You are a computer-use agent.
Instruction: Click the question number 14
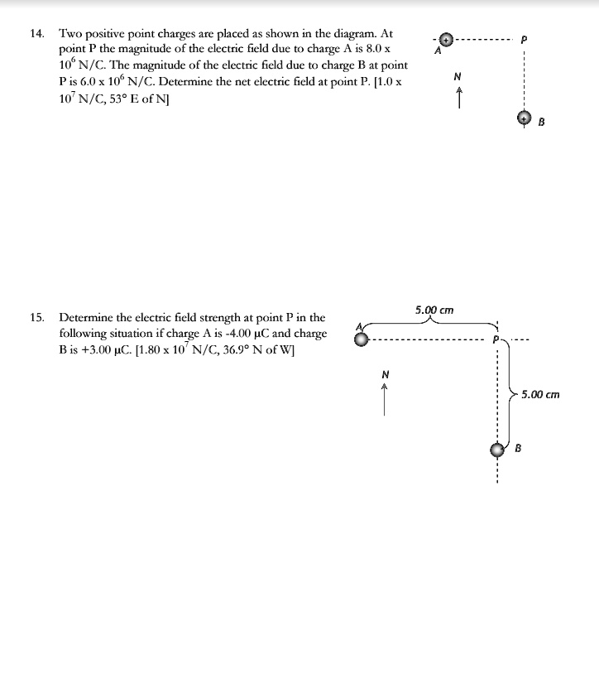point(36,34)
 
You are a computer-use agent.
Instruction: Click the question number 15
point(36,317)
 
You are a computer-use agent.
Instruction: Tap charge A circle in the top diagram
point(445,39)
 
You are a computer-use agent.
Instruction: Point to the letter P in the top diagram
point(523,39)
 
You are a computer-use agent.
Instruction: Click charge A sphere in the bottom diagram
point(362,339)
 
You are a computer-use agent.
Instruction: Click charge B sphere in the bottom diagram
point(496,450)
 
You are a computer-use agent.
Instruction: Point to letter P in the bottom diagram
point(496,339)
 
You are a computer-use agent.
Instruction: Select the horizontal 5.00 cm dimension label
point(434,310)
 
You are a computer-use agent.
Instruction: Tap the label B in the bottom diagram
point(519,449)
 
